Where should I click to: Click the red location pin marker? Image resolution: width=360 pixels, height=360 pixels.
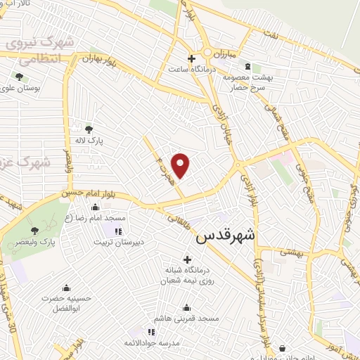[x=181, y=165]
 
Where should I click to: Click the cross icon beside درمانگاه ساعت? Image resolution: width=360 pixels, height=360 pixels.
[x=191, y=58]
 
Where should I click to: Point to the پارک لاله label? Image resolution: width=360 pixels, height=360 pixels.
[x=90, y=141]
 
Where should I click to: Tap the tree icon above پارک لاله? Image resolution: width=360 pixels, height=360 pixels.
[x=89, y=129]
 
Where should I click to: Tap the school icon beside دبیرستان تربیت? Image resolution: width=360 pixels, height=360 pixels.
[x=118, y=231]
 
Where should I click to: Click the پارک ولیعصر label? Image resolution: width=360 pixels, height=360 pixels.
[x=47, y=243]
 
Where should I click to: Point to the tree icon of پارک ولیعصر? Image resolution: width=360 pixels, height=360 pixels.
[x=34, y=231]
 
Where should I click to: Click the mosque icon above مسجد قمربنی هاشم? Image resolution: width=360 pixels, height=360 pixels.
[x=186, y=307]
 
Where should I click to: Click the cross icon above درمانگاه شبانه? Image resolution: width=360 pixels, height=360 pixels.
[x=187, y=259]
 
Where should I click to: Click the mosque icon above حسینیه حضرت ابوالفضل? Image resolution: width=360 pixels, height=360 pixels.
[x=66, y=288]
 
